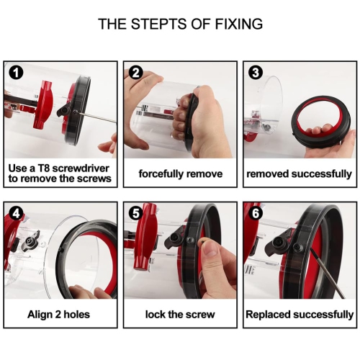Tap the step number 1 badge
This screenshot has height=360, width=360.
click(x=15, y=72)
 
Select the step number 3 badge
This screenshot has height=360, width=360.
click(x=253, y=72)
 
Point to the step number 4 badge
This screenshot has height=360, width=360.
click(x=15, y=213)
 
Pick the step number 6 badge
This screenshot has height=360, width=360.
click(x=253, y=213)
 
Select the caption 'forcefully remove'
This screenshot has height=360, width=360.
click(x=180, y=174)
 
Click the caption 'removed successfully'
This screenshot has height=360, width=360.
click(x=299, y=174)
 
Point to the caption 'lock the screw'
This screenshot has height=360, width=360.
click(x=180, y=315)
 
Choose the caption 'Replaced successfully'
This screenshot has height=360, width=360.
click(x=299, y=315)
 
